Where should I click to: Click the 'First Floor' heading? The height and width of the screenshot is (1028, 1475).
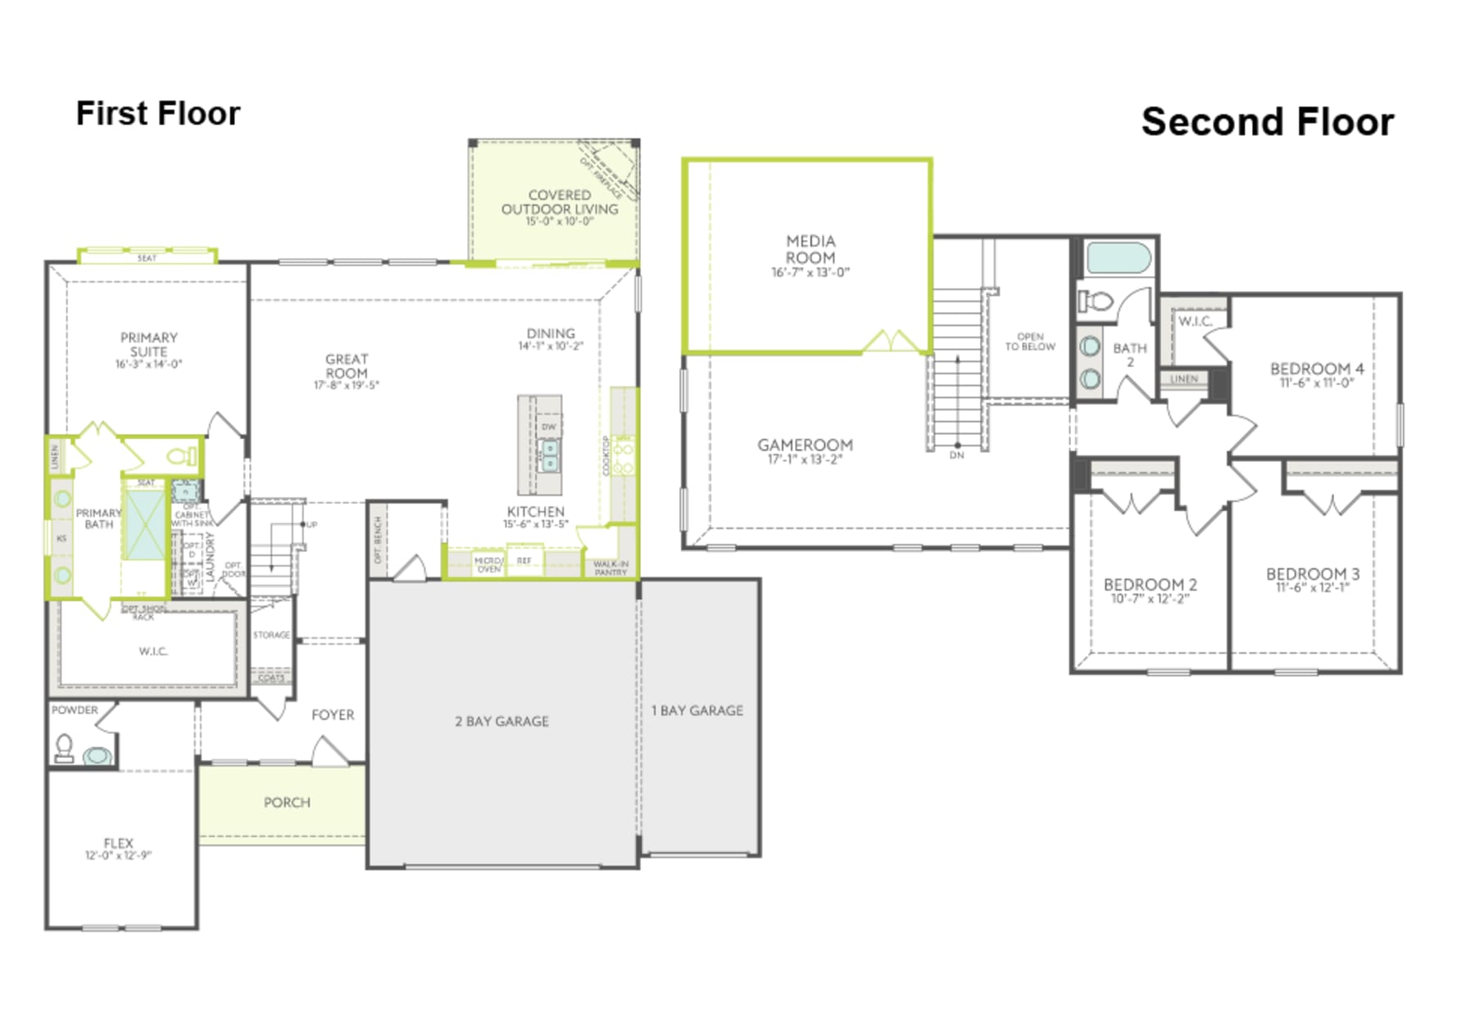click(x=157, y=114)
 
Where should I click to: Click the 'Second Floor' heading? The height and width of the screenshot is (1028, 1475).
click(x=1267, y=122)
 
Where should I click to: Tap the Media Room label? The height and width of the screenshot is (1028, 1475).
click(x=810, y=249)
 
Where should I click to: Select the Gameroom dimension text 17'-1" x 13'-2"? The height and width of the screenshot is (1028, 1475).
click(x=804, y=460)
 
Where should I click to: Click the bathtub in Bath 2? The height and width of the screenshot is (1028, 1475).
click(x=1118, y=260)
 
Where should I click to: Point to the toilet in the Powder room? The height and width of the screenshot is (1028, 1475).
click(x=64, y=748)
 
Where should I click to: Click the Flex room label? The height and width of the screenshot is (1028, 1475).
click(x=118, y=843)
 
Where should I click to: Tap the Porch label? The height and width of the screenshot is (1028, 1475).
click(x=287, y=802)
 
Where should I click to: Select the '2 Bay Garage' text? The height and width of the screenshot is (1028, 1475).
click(x=501, y=721)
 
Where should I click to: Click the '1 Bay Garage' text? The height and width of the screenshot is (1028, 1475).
click(x=697, y=710)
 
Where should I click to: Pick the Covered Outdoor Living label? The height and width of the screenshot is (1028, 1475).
click(x=560, y=202)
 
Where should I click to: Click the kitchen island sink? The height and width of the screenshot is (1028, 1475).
click(x=549, y=455)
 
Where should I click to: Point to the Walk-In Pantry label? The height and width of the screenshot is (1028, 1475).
click(x=610, y=568)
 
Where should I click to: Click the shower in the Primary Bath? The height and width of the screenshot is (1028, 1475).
click(x=144, y=525)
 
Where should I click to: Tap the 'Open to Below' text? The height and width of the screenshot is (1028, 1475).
click(x=1030, y=342)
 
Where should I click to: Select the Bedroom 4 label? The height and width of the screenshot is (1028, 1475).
click(x=1316, y=369)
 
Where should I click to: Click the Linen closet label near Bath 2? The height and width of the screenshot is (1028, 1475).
click(x=1183, y=379)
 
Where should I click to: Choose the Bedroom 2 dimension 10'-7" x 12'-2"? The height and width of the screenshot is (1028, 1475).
click(x=1150, y=599)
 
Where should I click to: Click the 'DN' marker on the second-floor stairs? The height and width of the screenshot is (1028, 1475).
click(x=956, y=455)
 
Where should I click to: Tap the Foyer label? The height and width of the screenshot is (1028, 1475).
click(x=333, y=714)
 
